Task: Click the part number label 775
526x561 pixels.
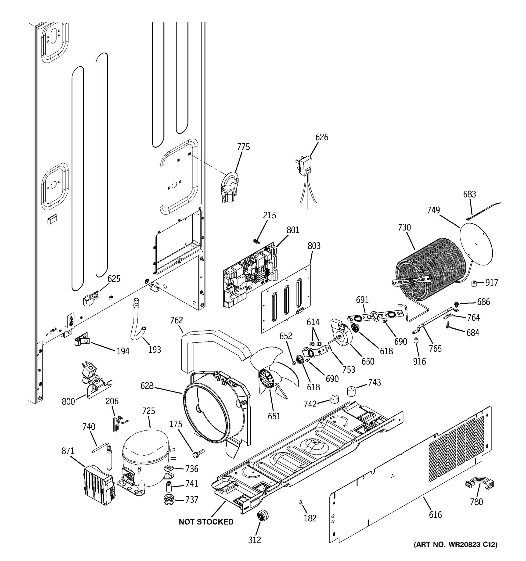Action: (243, 147)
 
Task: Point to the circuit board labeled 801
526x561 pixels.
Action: (250, 275)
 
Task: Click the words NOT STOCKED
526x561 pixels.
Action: (206, 522)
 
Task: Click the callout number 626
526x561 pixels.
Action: (322, 137)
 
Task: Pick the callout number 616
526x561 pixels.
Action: (435, 514)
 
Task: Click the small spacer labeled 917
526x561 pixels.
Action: (474, 283)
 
